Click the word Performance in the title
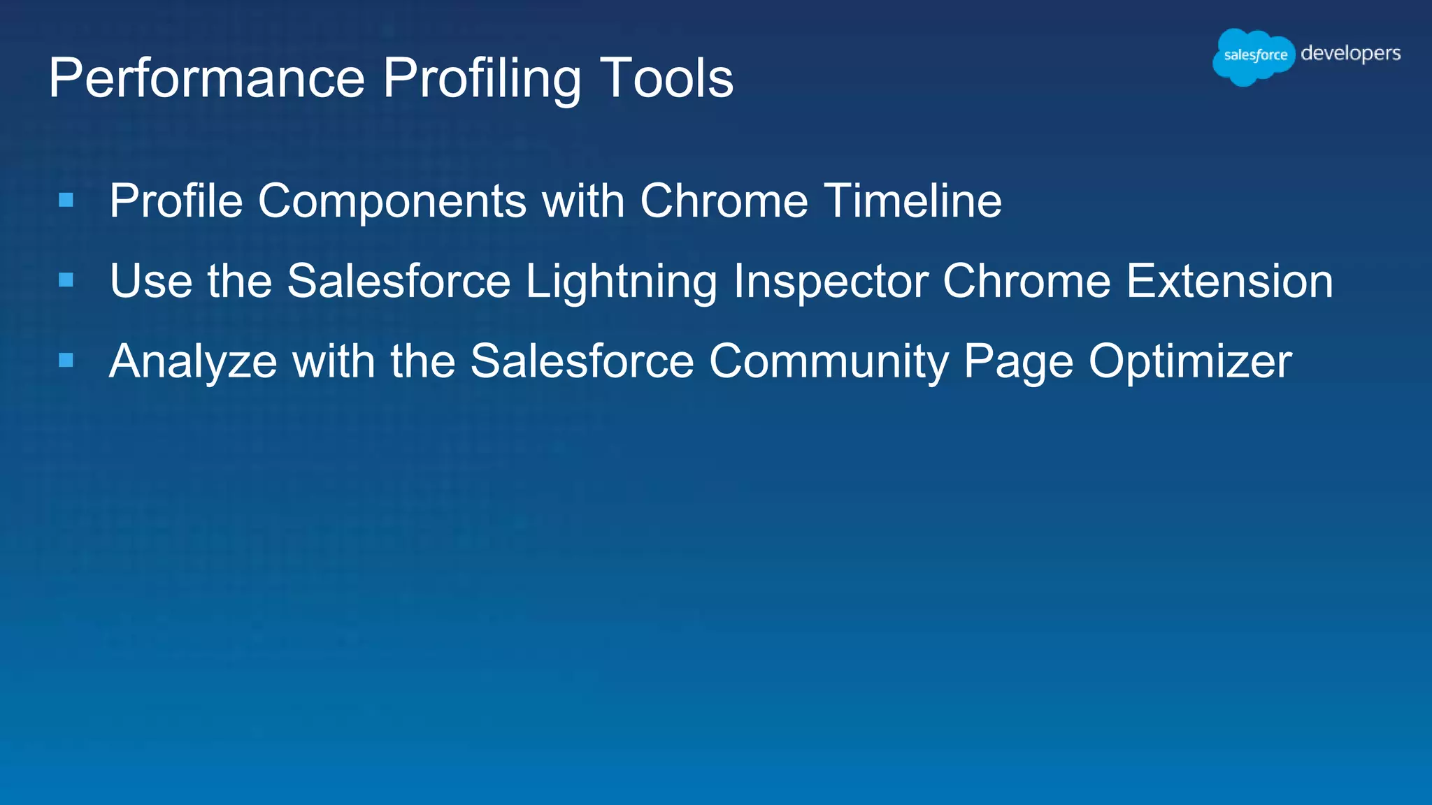coord(207,78)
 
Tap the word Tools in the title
coord(666,78)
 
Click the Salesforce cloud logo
coord(1254,56)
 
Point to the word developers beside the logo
coord(1350,54)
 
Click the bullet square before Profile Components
coord(66,201)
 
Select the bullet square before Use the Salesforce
coord(66,280)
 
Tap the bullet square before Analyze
coord(66,361)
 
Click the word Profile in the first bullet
coord(176,201)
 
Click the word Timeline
coord(912,201)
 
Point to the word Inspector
coord(831,282)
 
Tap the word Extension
coord(1230,281)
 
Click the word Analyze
coord(193,363)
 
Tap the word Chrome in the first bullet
coord(724,201)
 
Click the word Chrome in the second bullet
coord(1026,281)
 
